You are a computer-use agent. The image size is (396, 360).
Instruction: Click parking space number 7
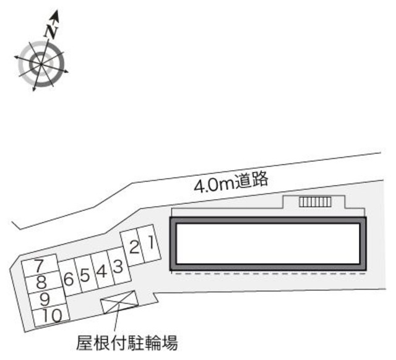click(x=39, y=267)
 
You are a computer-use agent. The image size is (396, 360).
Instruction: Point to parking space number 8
click(x=41, y=283)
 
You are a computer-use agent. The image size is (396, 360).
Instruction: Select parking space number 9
click(x=45, y=299)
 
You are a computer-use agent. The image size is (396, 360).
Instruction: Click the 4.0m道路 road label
click(x=230, y=182)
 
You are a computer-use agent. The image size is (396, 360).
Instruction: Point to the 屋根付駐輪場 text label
click(x=127, y=342)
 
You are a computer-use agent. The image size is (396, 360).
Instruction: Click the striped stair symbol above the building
click(x=314, y=202)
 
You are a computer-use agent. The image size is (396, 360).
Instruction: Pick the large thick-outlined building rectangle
click(x=268, y=245)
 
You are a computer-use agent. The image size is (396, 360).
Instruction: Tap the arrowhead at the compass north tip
click(x=56, y=14)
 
